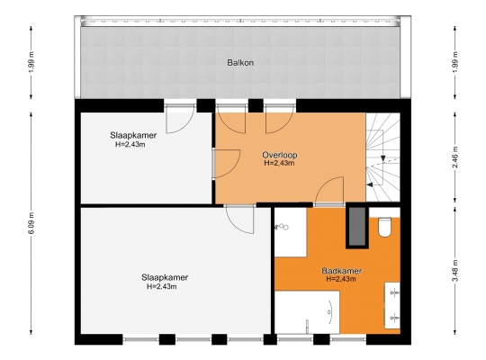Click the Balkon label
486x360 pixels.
click(240, 63)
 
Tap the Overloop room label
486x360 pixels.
click(280, 155)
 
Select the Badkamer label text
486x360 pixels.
click(342, 271)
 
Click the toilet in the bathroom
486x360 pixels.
click(384, 228)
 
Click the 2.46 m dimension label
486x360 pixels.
click(455, 157)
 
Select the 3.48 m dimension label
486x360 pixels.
click(455, 271)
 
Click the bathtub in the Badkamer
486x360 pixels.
click(307, 312)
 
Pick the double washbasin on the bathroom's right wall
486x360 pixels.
click(392, 305)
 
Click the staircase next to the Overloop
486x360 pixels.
click(383, 157)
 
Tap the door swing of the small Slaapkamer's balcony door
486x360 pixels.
click(180, 119)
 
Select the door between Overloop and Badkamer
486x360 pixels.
click(329, 191)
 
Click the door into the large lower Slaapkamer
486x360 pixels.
click(240, 220)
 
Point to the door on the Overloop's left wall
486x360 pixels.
click(227, 164)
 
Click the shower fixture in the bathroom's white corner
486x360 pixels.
click(281, 227)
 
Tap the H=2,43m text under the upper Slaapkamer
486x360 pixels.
click(130, 144)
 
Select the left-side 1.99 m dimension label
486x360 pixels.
click(32, 62)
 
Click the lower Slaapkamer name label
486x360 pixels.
click(165, 277)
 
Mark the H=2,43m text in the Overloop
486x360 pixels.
click(279, 163)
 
